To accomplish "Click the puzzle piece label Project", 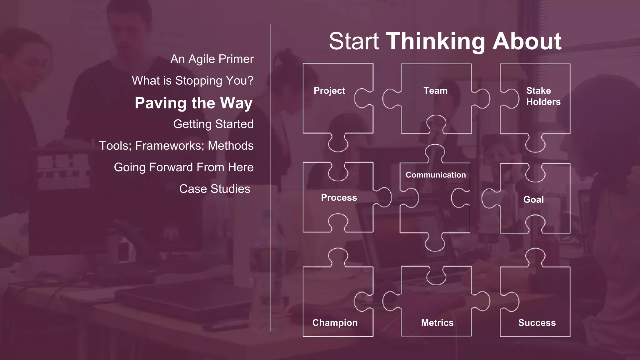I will (329, 91).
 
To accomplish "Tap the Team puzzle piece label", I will (436, 91).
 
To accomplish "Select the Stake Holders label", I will (543, 96).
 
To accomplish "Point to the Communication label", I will (436, 175).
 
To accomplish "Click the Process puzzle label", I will (339, 197).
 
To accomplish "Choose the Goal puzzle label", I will (533, 200).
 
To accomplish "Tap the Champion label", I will (335, 323).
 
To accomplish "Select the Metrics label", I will (437, 323).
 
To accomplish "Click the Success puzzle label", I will (537, 323).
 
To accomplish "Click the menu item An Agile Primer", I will (212, 59).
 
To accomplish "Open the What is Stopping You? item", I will (192, 81).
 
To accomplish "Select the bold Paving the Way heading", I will (193, 103).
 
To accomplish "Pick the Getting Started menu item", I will (213, 124).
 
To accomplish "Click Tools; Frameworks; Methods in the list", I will (176, 146).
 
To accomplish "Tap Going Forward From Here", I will (183, 167).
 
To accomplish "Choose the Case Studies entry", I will (215, 189).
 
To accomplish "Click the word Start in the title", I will (354, 41).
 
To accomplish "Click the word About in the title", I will (527, 41).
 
